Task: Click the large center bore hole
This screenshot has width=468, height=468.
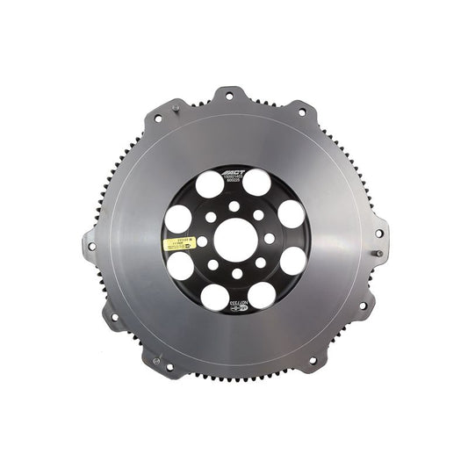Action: (234, 238)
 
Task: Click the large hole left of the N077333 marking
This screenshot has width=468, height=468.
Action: (214, 295)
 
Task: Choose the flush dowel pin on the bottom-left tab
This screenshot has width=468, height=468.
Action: (156, 360)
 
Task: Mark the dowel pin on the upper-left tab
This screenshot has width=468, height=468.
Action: (176, 108)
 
